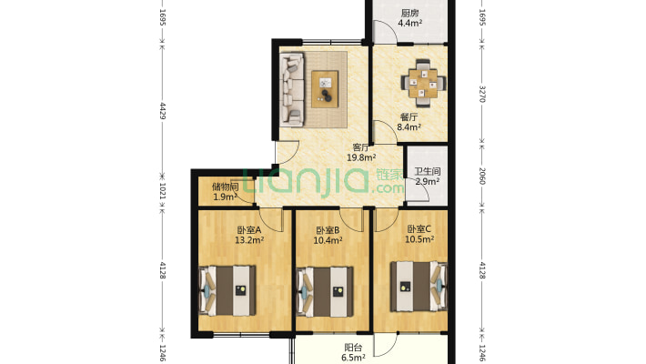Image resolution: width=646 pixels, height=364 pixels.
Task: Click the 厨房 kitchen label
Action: [409, 13]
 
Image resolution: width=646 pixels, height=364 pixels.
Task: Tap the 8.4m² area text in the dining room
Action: [409, 127]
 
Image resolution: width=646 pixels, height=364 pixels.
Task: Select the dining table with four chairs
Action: [423, 84]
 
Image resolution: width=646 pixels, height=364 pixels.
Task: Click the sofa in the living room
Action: [292, 89]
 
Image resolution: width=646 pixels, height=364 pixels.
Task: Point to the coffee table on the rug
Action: [325, 89]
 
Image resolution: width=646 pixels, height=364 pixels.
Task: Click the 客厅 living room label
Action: [361, 147]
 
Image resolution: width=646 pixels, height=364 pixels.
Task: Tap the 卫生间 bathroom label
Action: [428, 171]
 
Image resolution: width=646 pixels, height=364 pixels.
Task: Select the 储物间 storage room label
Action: [225, 187]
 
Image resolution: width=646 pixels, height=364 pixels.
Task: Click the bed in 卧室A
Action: [227, 290]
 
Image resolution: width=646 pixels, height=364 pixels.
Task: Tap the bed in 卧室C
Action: [419, 286]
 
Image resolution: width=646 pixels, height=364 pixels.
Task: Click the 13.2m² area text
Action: [249, 240]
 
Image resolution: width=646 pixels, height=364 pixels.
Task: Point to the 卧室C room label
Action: [419, 228]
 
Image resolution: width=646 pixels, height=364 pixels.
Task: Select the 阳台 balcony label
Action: [353, 348]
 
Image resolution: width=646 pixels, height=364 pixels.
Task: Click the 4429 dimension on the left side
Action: [162, 111]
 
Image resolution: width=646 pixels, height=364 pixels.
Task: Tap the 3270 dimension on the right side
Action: [483, 94]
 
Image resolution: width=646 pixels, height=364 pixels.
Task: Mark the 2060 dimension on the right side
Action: [483, 176]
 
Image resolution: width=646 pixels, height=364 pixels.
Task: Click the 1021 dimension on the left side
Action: [162, 192]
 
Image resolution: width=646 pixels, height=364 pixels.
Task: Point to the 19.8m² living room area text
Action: [361, 157]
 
